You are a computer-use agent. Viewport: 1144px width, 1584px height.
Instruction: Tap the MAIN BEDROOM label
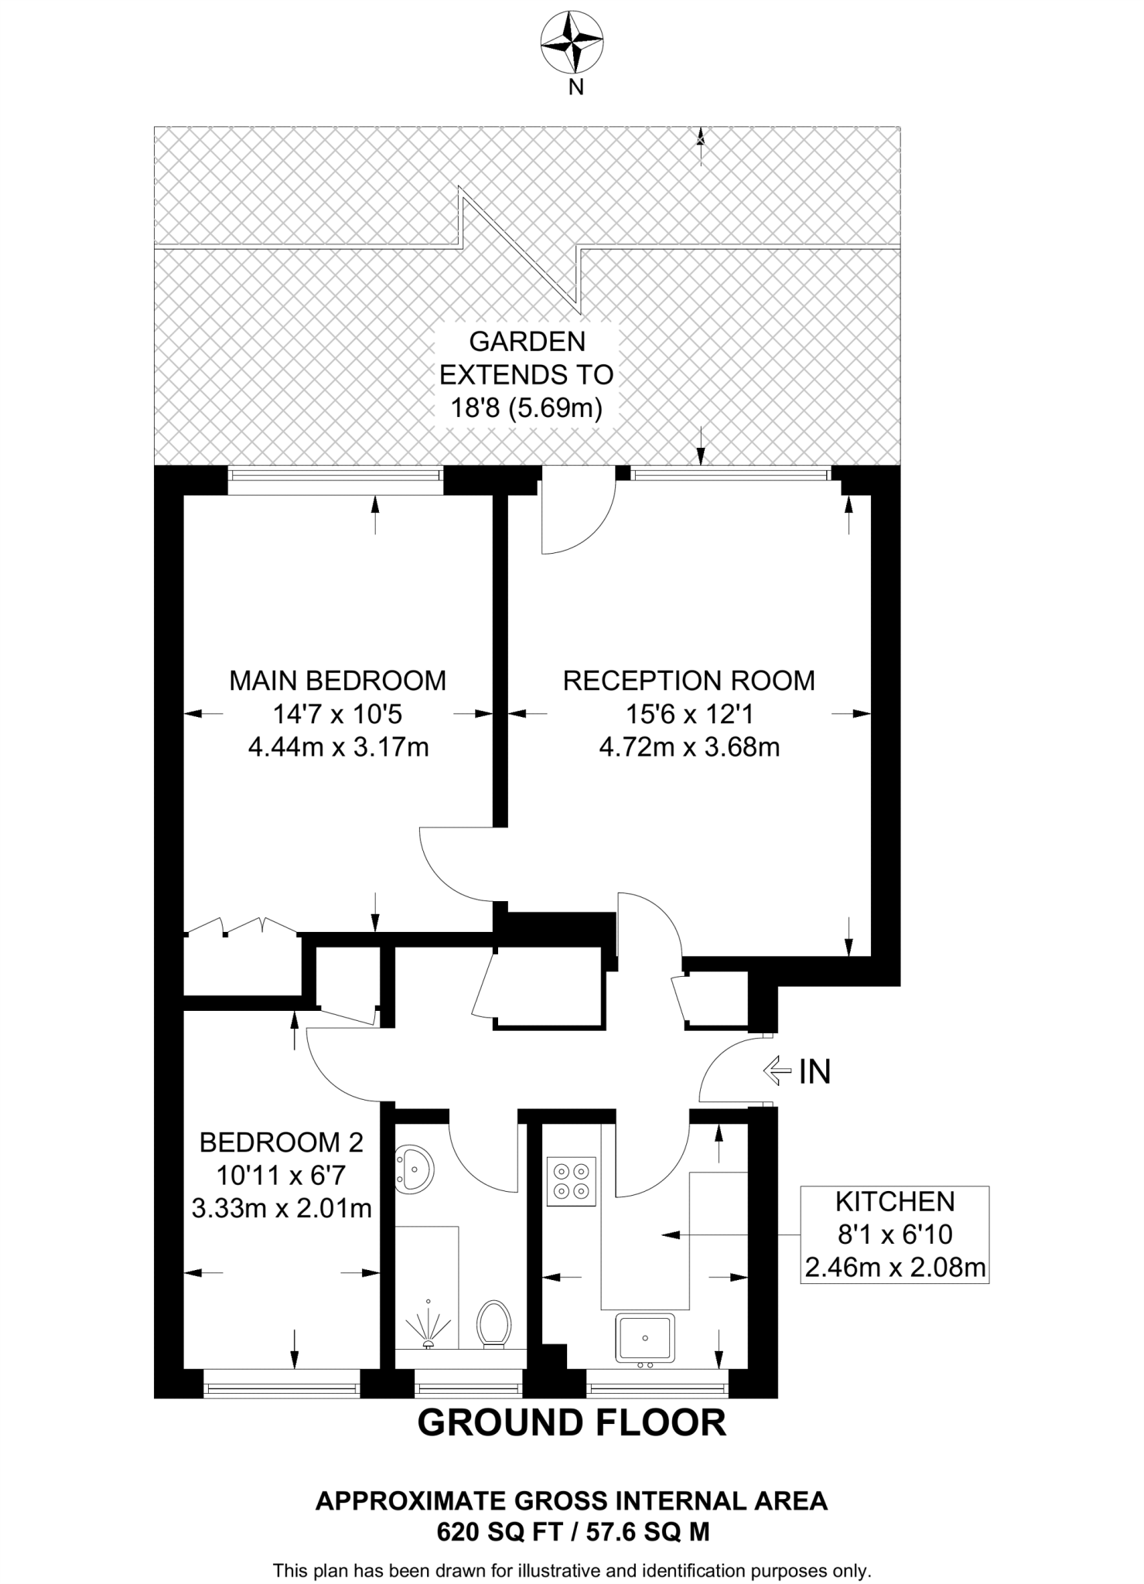[337, 681]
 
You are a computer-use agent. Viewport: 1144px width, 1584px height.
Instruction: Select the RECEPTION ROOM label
[688, 681]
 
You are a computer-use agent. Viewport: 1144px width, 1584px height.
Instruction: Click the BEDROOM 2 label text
[281, 1142]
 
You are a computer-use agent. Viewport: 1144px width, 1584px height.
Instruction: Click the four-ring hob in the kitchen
[572, 1181]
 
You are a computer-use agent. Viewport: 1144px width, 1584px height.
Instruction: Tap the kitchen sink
[645, 1338]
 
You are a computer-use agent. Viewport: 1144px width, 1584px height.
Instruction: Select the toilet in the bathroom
[493, 1323]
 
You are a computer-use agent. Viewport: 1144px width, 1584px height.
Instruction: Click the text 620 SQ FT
[492, 1531]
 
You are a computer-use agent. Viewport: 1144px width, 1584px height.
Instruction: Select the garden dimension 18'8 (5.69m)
[527, 408]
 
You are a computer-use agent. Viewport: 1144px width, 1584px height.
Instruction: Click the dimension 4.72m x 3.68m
[688, 747]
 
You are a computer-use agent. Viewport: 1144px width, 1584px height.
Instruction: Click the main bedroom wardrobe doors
[241, 927]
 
